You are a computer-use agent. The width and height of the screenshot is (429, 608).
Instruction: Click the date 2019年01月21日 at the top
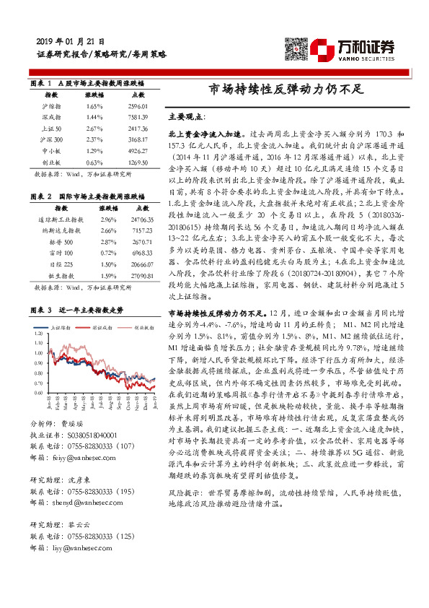tap(70, 42)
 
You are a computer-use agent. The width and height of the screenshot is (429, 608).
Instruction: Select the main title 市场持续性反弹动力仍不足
tap(284, 90)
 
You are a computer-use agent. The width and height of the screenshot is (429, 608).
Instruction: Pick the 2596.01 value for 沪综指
tap(138, 106)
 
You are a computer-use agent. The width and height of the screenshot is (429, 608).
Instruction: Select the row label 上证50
tap(51, 128)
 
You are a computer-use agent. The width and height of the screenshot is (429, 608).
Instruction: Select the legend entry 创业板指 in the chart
tap(145, 326)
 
